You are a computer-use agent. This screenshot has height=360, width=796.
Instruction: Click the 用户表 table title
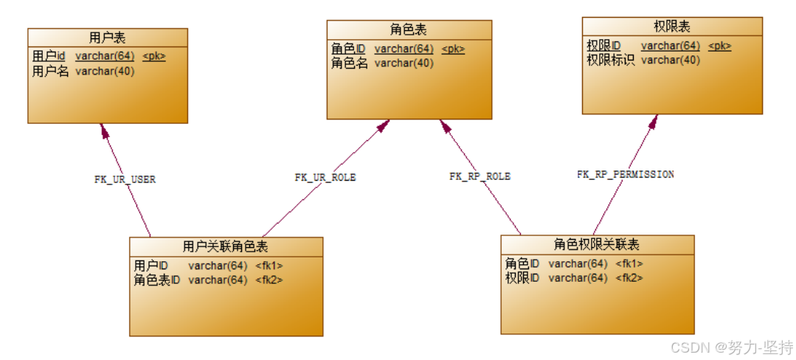[x=108, y=37]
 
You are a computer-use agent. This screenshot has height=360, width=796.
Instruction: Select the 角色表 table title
[x=408, y=30]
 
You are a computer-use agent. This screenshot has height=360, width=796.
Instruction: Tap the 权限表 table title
[x=671, y=27]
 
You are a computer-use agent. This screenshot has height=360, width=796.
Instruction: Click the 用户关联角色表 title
[x=225, y=246]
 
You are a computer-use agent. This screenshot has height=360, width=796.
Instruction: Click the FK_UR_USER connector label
[x=125, y=179]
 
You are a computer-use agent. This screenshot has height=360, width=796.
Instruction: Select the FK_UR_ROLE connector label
[x=325, y=178]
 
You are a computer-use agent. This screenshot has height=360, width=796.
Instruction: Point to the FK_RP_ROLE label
[x=480, y=176]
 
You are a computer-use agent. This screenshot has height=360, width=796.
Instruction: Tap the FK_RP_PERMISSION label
[x=625, y=175]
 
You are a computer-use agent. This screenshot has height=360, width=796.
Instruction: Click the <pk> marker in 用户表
[x=154, y=56]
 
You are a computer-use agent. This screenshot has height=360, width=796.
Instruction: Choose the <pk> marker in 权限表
[x=719, y=46]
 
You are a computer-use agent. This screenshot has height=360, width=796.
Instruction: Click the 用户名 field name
[x=50, y=72]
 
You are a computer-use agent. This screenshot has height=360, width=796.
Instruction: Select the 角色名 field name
[x=349, y=63]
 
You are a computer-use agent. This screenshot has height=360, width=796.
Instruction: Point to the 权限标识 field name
[x=610, y=60]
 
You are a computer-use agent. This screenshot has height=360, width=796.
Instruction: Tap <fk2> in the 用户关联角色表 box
[x=269, y=280]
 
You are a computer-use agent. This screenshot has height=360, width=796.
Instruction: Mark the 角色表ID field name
[x=156, y=280]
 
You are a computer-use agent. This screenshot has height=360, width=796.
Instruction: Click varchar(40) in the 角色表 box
[x=404, y=63]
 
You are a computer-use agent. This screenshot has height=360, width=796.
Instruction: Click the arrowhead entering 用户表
[x=105, y=131]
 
